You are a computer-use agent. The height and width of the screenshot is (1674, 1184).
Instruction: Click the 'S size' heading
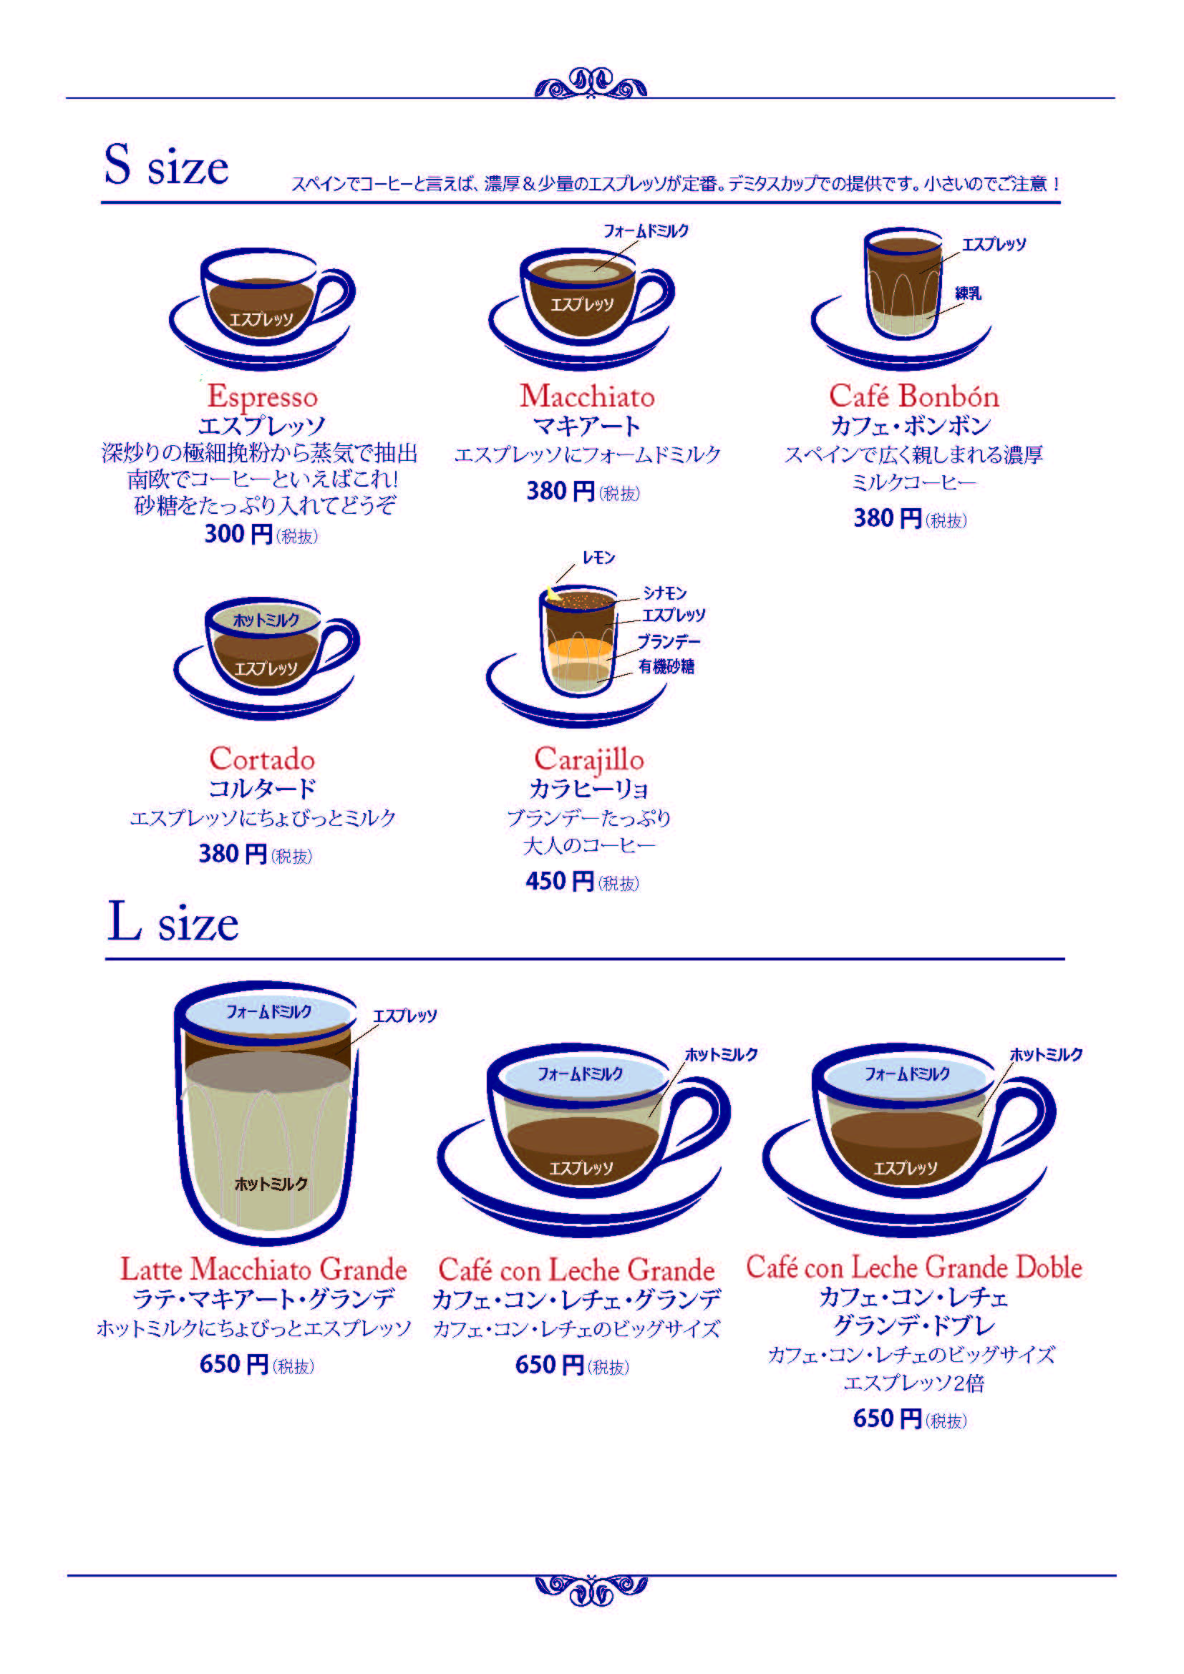coord(166,165)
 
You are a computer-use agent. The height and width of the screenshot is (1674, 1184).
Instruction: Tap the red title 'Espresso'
coord(263,397)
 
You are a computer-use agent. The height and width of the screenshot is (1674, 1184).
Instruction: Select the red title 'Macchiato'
coord(587,396)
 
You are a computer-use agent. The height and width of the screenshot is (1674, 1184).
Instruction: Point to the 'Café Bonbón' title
coord(913,396)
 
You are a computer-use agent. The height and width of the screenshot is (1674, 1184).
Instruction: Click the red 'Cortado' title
coord(262,758)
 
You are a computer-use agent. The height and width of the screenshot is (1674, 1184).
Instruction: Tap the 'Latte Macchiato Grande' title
coord(263,1269)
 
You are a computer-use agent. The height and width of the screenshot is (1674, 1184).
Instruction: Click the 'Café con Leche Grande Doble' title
coord(913,1267)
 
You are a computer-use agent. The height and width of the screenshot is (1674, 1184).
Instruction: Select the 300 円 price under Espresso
coord(238,534)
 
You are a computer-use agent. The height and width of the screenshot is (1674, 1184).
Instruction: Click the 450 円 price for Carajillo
coord(559,881)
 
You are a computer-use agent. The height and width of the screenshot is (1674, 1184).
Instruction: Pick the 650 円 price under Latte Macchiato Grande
coord(234,1363)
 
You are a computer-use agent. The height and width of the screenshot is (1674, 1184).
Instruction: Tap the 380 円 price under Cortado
coord(233,853)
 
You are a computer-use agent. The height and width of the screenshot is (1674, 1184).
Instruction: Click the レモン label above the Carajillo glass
coord(598,558)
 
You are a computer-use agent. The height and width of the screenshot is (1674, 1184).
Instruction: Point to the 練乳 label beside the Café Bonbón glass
coord(969,293)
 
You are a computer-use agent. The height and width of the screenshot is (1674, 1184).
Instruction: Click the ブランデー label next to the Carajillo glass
coord(669,641)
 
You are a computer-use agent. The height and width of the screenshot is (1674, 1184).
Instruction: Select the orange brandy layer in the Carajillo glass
coord(581,648)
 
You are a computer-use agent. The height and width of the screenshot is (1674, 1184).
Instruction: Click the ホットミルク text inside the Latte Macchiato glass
coord(271,1183)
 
